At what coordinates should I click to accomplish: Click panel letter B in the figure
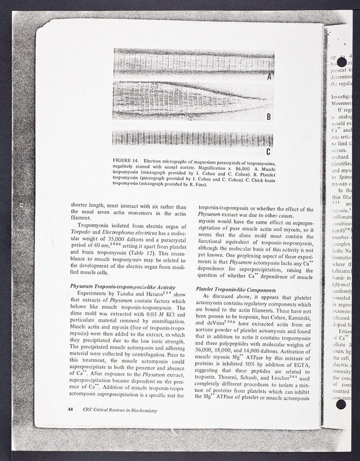coord(268,117)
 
